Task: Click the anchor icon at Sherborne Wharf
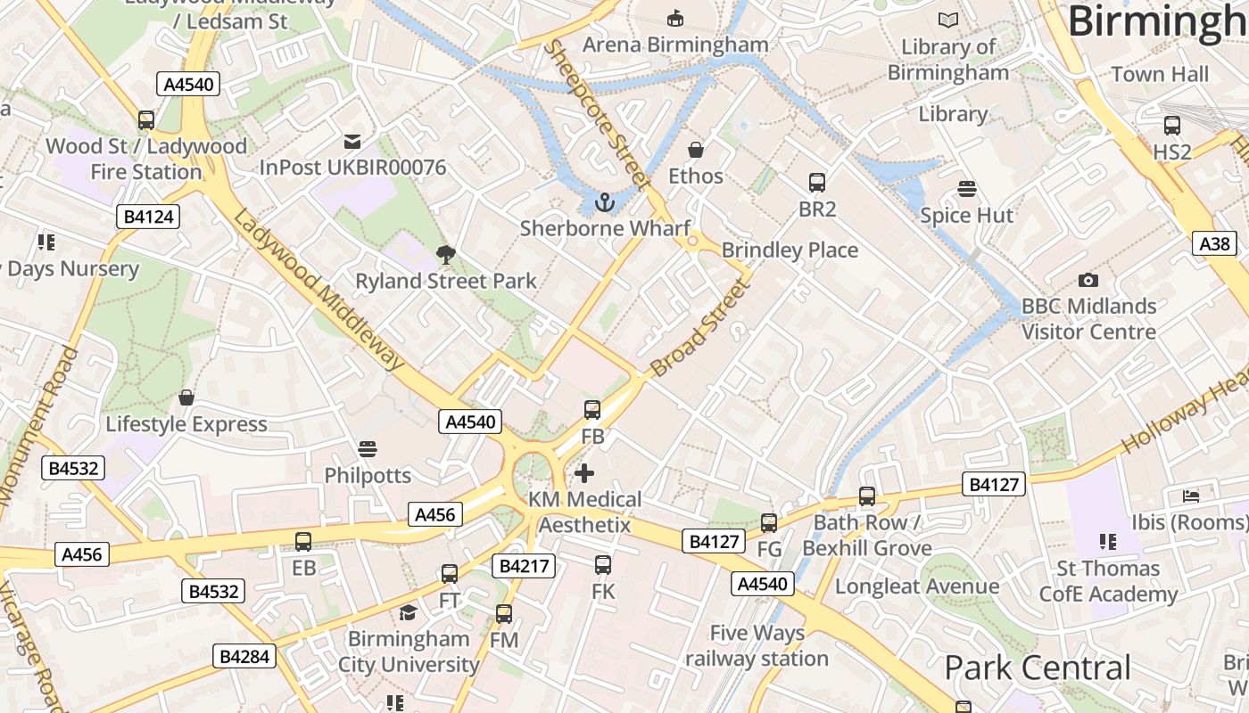[x=606, y=202]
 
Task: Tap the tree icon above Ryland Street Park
[x=446, y=255]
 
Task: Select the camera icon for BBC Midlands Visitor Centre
[x=1088, y=280]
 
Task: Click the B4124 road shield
[x=148, y=217]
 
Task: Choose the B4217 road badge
[x=525, y=566]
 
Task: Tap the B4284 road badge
[x=245, y=657]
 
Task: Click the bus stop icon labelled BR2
[x=817, y=183]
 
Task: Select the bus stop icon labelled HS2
[x=1172, y=126]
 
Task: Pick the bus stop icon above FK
[x=603, y=564]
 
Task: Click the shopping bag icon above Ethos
[x=696, y=150]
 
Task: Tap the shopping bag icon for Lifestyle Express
[x=186, y=397]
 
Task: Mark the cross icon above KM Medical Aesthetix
[x=584, y=472]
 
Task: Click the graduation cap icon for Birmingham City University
[x=408, y=612]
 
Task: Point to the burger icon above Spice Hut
[x=966, y=189]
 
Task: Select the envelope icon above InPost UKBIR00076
[x=352, y=141]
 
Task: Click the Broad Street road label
[x=698, y=327]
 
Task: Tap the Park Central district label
[x=1037, y=668]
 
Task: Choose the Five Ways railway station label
[x=757, y=646]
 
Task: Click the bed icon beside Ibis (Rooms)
[x=1191, y=496]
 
